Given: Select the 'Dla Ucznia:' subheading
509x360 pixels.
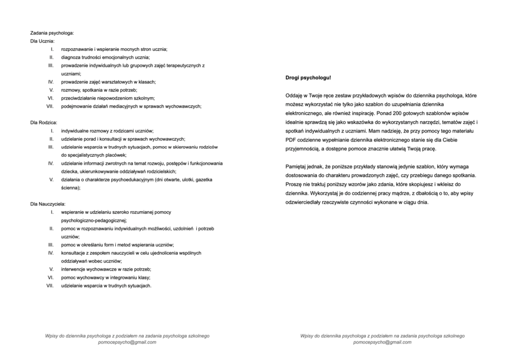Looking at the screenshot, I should point(42,41).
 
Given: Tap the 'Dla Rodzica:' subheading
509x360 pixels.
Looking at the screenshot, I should point(44,122).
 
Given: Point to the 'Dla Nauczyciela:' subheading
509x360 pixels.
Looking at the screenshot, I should point(48,203).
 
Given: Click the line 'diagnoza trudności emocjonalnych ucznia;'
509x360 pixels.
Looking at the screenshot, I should point(106,58).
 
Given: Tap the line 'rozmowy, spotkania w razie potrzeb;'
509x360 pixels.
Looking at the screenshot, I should point(100,90).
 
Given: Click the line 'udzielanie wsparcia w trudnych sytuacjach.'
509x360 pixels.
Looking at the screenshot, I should point(106,286).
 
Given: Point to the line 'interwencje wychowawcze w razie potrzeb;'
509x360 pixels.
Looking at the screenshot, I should point(106,269).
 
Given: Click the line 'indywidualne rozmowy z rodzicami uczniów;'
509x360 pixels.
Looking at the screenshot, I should point(107,131).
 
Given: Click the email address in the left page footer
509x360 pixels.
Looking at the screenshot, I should point(127,342).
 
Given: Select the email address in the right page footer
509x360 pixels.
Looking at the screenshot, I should point(383,342).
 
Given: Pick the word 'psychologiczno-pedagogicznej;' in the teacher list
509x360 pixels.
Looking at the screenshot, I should point(94,220).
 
